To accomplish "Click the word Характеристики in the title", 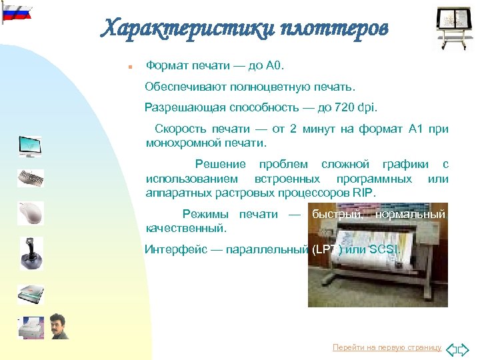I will point(179,28).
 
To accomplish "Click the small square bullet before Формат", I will point(131,67).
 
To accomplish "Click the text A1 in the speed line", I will point(417,129).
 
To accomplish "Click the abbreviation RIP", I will point(365,192).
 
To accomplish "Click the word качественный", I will point(186,227).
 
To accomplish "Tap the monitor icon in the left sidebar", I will point(30,147).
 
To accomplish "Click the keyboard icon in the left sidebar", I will point(31,179).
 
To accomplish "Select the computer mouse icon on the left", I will point(30,213).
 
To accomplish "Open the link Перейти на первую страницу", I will point(387,348).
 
